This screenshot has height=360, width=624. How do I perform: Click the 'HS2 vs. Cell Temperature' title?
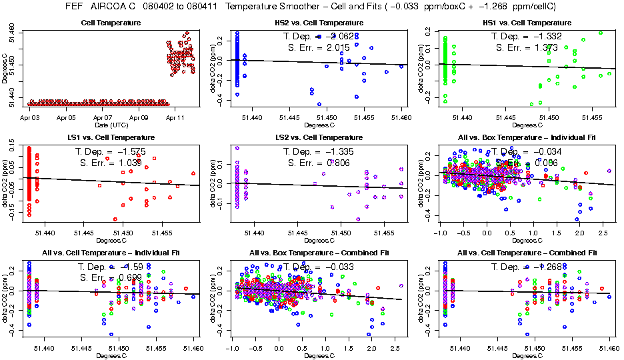(x=315, y=23)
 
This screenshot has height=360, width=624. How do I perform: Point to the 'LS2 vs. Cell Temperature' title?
(x=315, y=138)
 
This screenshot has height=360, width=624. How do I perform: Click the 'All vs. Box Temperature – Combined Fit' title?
(x=315, y=253)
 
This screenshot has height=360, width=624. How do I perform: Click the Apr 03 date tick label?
(x=31, y=118)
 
